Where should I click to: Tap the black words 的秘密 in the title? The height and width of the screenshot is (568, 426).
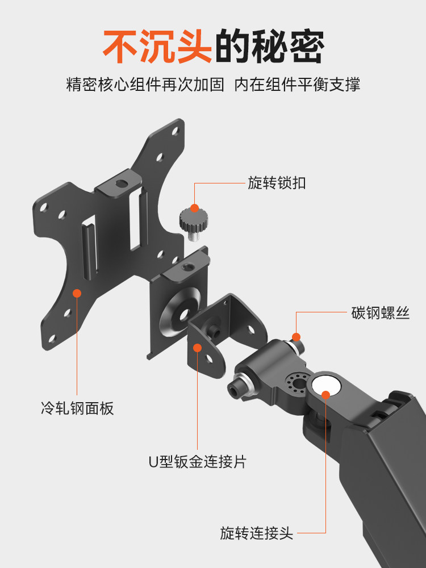point(270,47)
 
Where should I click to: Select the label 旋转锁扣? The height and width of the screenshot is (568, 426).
point(277,183)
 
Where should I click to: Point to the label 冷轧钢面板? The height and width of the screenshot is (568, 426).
point(77,408)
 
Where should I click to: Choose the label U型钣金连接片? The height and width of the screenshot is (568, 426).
point(198,461)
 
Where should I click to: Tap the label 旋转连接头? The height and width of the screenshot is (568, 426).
point(256,533)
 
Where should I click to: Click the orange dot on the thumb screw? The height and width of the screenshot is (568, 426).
point(195,208)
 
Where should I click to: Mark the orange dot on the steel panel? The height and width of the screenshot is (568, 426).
point(77,293)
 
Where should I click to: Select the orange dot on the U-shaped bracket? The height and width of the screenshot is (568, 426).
point(198,347)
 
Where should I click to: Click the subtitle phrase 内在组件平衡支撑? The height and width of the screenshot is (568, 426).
point(298,85)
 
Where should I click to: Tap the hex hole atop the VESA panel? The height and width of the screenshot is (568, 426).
point(120,185)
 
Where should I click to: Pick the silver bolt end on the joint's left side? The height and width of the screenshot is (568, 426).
point(235,389)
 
